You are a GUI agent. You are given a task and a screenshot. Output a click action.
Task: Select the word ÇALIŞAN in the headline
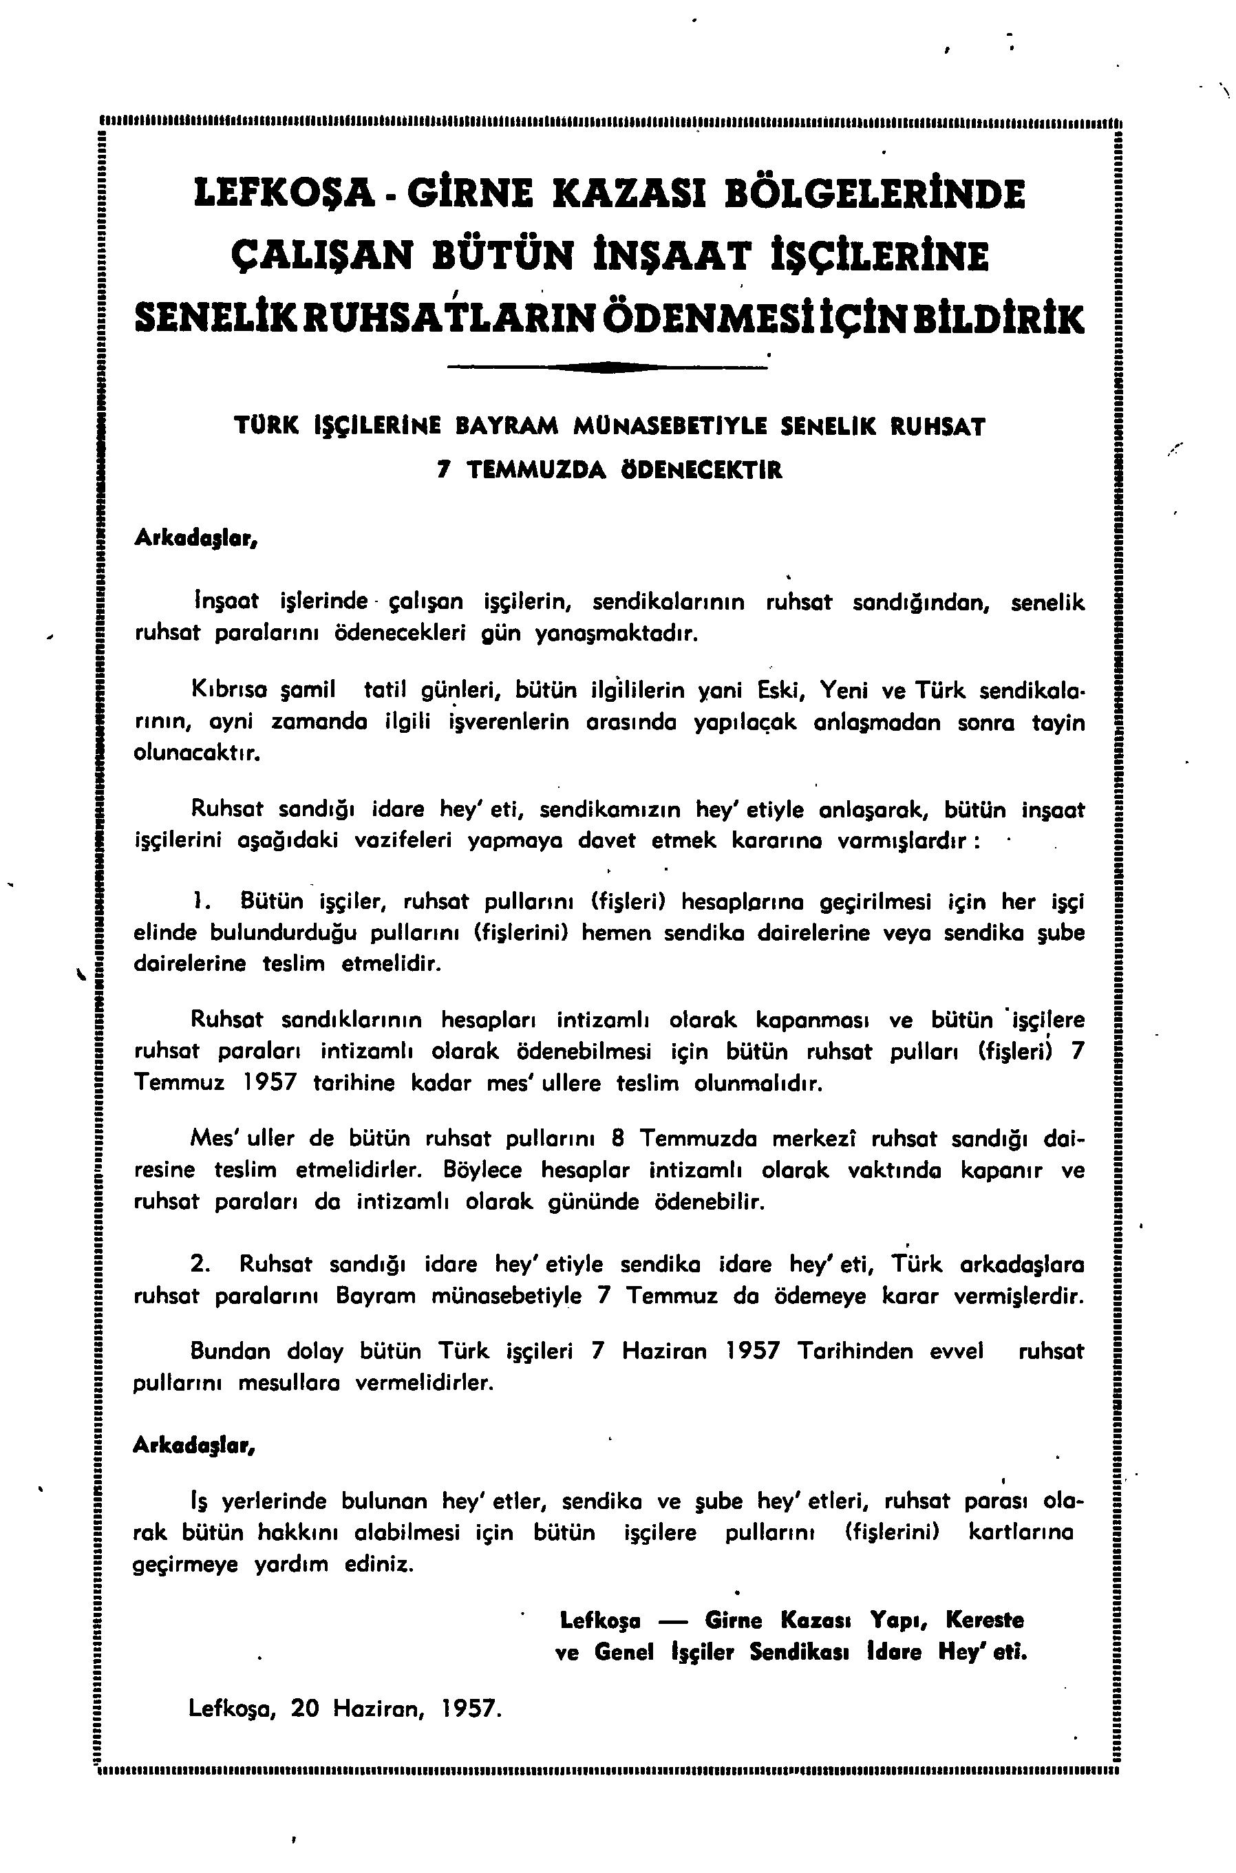[x=321, y=257]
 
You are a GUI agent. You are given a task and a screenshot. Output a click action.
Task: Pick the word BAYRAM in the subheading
[x=508, y=428]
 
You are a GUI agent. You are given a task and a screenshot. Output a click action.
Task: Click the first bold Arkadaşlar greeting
[x=194, y=538]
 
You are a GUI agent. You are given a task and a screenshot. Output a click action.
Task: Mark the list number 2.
[x=200, y=1265]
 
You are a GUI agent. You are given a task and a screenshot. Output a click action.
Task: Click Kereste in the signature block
[x=983, y=1620]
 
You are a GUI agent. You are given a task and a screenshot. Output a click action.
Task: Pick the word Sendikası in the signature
[x=798, y=1651]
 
